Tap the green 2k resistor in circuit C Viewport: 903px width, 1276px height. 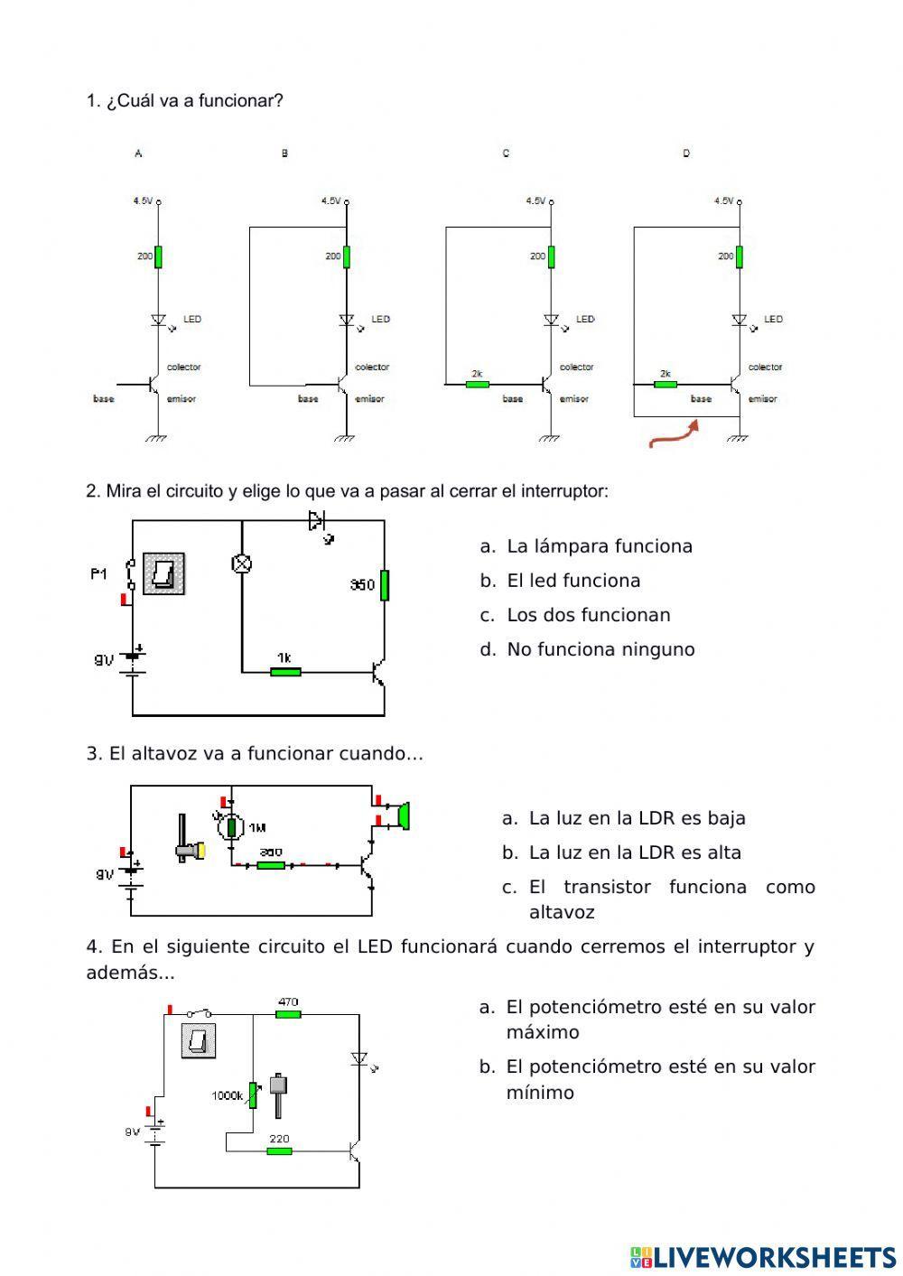point(477,384)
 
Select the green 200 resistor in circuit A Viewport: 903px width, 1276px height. point(158,256)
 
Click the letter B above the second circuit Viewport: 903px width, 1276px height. point(284,154)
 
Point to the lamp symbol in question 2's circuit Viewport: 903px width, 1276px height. point(242,564)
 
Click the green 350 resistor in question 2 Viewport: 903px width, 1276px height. point(385,584)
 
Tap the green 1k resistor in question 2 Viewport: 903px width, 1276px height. point(285,671)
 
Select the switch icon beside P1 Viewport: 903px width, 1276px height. point(164,573)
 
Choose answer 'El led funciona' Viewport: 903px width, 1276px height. point(573,581)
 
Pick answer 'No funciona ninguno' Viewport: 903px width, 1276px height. point(600,649)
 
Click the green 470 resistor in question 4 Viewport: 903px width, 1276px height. point(288,1014)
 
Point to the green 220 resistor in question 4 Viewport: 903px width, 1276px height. point(279,1150)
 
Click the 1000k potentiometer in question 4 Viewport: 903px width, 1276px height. point(253,1094)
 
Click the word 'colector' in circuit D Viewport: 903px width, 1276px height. point(765,368)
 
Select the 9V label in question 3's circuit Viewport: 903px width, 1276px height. point(106,874)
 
